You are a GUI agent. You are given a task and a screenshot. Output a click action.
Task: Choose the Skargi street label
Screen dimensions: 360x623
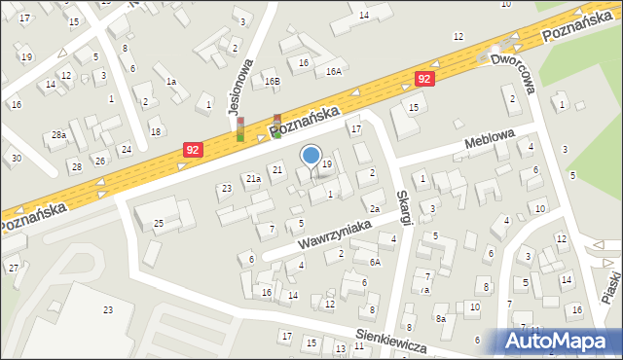(401, 198)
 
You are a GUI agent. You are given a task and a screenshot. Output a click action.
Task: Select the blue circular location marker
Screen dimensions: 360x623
(311, 155)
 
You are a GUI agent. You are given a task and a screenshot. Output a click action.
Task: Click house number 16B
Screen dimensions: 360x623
(273, 82)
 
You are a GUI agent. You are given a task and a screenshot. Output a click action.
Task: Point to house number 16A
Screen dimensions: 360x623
(334, 71)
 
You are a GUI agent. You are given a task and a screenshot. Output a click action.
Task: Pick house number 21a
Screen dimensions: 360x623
(253, 178)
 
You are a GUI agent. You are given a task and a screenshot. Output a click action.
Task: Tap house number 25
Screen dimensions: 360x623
(158, 224)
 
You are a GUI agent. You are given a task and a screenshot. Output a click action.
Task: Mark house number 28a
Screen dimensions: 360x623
(59, 134)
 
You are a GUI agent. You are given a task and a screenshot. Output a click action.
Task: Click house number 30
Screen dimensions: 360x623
(17, 158)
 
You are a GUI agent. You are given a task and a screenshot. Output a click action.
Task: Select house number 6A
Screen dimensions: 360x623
(375, 262)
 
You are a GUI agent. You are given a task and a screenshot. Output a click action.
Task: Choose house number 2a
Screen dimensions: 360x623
(374, 208)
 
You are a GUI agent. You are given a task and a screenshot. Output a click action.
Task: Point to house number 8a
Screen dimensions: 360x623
(440, 318)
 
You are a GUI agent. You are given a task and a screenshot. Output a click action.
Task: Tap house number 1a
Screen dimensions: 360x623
(170, 82)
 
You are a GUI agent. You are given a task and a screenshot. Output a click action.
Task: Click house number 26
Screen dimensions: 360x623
(99, 160)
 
